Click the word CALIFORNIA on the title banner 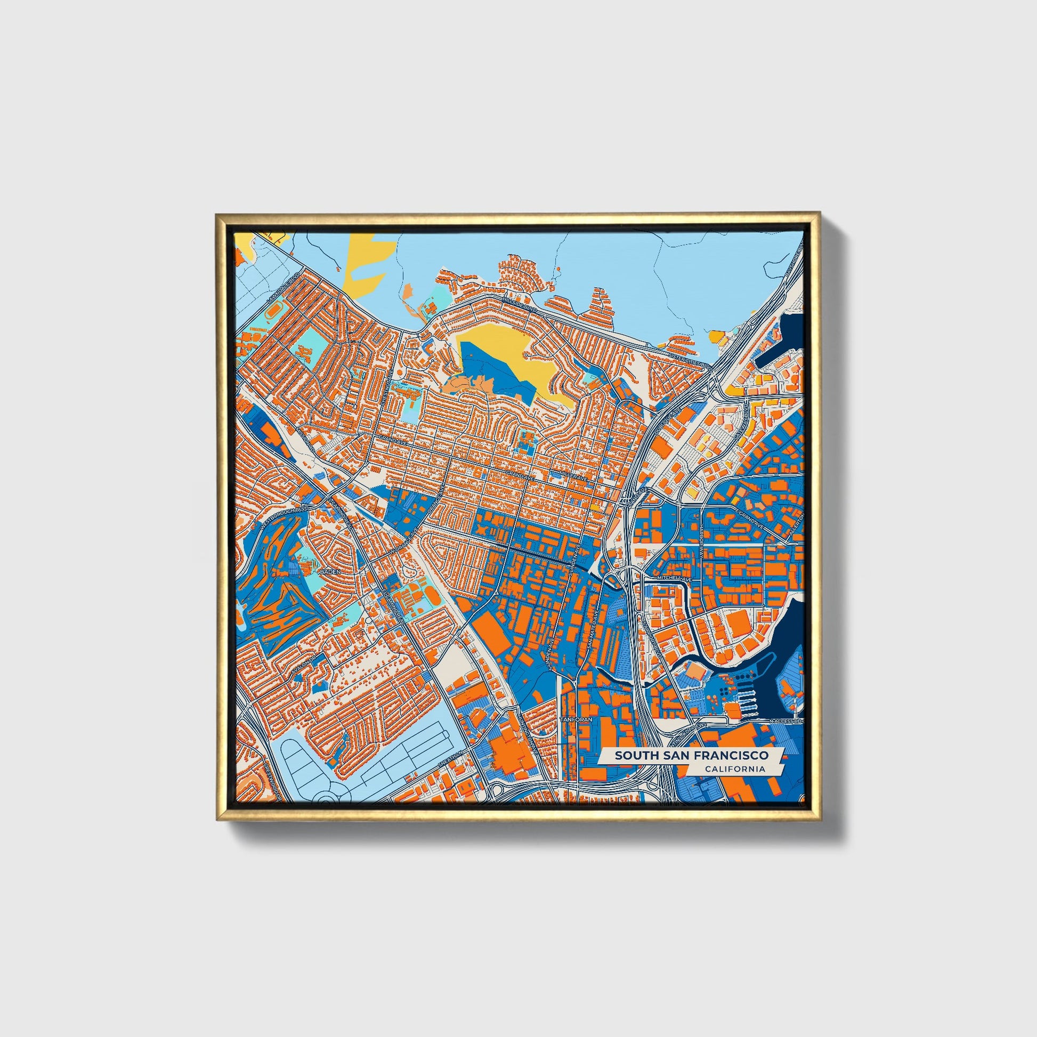[x=735, y=769]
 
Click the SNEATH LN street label [x=447, y=763]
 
